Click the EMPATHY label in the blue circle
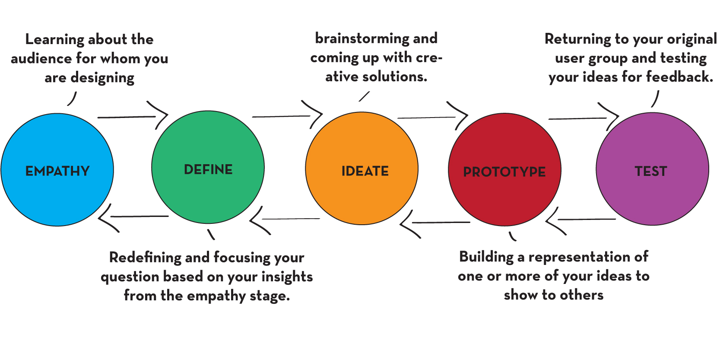(x=57, y=171)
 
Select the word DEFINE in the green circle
(x=208, y=169)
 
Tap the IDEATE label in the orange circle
(x=365, y=171)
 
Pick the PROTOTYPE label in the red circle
(x=504, y=172)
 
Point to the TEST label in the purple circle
(x=651, y=171)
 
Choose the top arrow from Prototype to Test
(x=583, y=118)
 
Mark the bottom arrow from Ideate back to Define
(x=285, y=219)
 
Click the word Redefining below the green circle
(x=145, y=258)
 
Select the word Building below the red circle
(x=486, y=257)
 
